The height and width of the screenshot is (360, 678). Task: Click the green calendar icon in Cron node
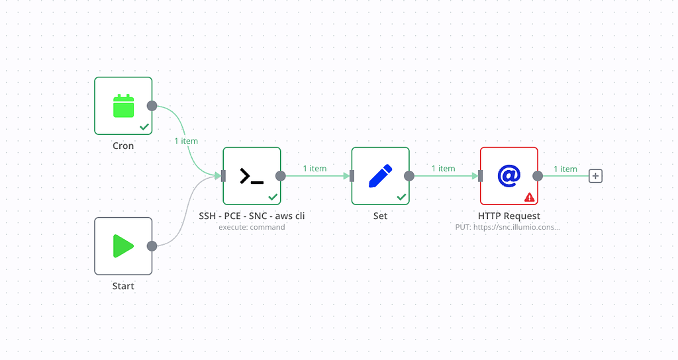[124, 106]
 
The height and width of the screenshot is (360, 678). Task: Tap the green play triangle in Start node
[124, 246]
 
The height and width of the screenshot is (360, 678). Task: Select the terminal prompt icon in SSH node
[252, 176]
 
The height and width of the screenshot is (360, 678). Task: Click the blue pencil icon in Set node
[380, 176]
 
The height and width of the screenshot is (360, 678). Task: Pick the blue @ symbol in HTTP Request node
[508, 176]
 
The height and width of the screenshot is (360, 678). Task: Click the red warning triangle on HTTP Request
[529, 197]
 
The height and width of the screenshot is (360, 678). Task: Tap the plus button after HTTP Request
[596, 176]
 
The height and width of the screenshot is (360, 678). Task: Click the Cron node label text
[123, 146]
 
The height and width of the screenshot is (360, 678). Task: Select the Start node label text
[123, 286]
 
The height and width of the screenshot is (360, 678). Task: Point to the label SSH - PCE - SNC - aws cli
[252, 216]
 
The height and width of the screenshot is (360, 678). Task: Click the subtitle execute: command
[252, 227]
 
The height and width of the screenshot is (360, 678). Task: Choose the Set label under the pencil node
[380, 216]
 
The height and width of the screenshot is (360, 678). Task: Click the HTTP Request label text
[508, 216]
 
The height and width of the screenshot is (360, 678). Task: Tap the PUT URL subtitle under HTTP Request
[508, 227]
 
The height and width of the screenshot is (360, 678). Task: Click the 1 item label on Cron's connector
[186, 141]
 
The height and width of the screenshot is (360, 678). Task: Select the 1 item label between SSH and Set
[315, 169]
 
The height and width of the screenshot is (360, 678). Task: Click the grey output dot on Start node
[152, 246]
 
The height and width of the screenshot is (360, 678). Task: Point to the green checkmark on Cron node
[144, 126]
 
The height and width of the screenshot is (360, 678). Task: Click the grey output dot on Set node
[409, 176]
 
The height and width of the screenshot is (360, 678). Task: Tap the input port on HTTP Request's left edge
[480, 176]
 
